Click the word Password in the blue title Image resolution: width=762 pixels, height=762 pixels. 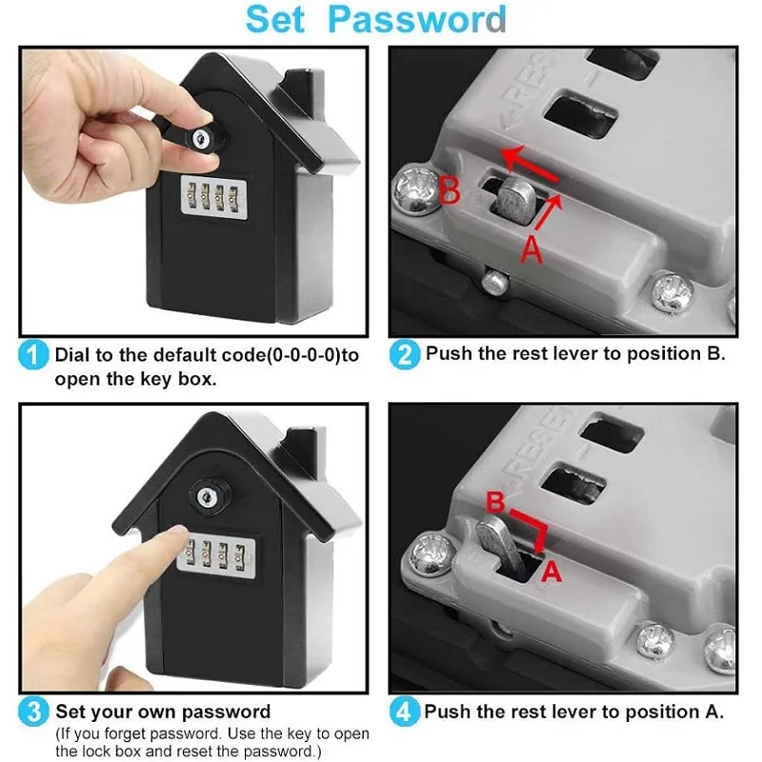pos(417,20)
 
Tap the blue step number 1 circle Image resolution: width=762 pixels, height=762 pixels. pos(33,354)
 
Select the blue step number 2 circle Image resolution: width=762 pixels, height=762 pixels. pos(404,354)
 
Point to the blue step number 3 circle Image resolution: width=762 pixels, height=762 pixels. pos(33,712)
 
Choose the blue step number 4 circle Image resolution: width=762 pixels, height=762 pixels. pos(404,712)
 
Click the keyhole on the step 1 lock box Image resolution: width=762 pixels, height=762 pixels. pos(201,138)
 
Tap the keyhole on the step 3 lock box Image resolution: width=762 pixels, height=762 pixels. pos(206,496)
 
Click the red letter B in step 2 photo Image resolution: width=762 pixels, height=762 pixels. pos(449,191)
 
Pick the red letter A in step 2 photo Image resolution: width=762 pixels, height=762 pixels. pos(531,250)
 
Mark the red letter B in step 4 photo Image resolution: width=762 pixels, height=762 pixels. pos(495,502)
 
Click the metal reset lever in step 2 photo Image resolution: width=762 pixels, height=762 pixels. pos(515,199)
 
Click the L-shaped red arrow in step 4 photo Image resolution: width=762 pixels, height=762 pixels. pos(534,527)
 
